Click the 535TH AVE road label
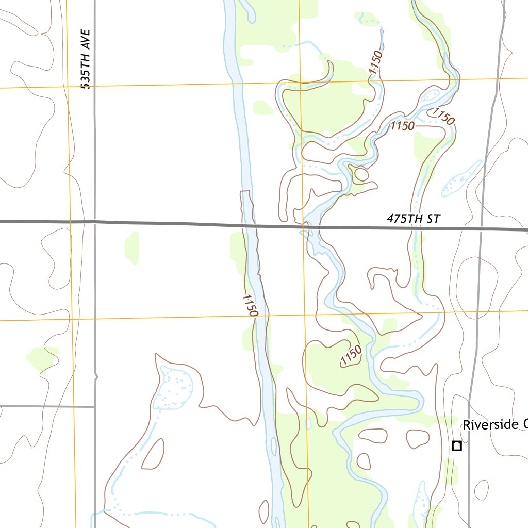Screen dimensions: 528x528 (x=86, y=59)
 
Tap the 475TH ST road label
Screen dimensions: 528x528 (x=414, y=219)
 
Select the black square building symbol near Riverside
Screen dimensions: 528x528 (x=456, y=446)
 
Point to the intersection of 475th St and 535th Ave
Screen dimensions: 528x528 (x=95, y=222)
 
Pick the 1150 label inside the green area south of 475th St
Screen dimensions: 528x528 (x=351, y=356)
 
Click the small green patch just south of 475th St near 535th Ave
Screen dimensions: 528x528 (x=132, y=247)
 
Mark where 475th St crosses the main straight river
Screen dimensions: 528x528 (x=250, y=225)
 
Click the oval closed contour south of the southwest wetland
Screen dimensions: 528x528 (x=153, y=455)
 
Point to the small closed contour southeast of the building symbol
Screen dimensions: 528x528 (x=481, y=490)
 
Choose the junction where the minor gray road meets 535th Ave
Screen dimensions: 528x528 (x=95, y=406)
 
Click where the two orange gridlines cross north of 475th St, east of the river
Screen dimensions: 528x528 (x=300, y=82)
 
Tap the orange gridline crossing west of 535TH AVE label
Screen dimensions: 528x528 (x=68, y=87)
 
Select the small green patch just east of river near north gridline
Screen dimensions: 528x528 (x=263, y=108)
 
